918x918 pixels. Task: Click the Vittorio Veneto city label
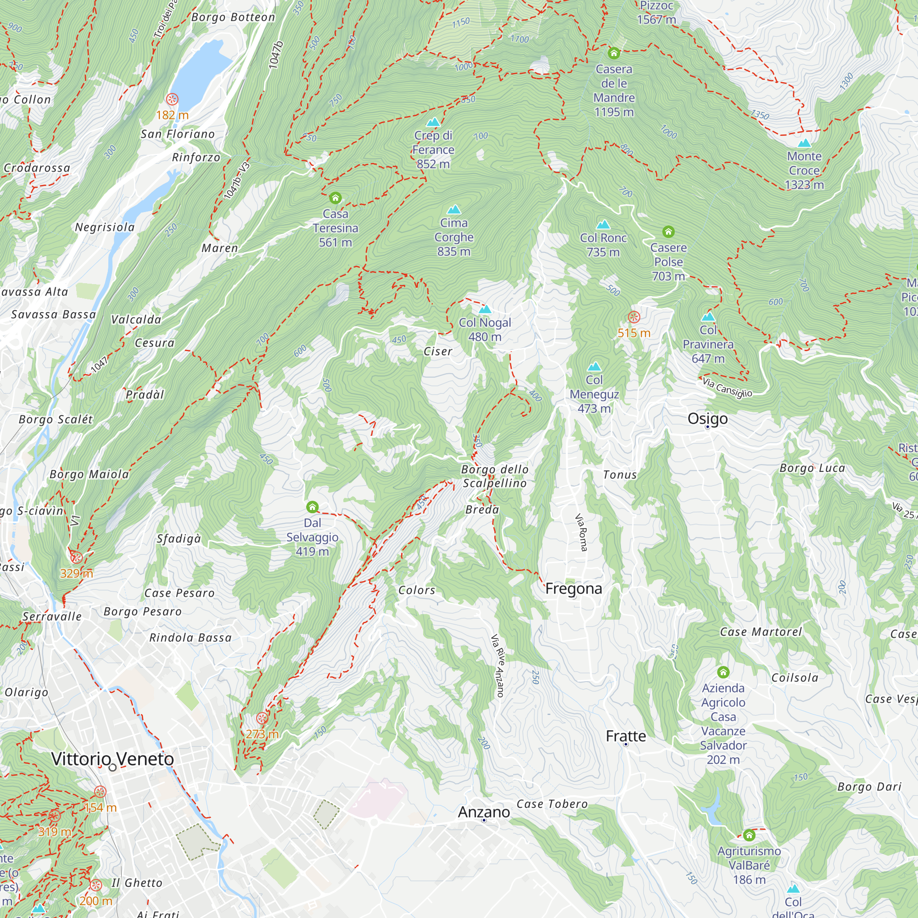click(112, 759)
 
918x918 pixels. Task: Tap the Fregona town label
click(573, 589)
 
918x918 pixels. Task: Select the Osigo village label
click(707, 419)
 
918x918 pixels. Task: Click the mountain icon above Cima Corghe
click(454, 210)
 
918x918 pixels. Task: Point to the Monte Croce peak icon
click(804, 143)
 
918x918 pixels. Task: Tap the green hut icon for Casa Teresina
click(336, 198)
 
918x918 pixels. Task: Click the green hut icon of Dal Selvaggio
click(312, 507)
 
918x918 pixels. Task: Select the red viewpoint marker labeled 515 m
click(634, 317)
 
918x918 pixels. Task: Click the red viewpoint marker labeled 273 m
click(262, 718)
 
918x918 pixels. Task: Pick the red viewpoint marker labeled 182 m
click(172, 99)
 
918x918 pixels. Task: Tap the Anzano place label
click(484, 812)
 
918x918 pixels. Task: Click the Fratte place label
click(626, 737)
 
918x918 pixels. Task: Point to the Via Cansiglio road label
click(727, 387)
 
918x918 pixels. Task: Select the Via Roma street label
click(581, 532)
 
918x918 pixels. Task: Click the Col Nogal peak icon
click(485, 309)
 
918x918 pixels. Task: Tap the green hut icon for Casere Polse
click(669, 232)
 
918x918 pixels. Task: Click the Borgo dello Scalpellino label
click(494, 476)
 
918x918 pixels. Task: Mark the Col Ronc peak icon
click(603, 224)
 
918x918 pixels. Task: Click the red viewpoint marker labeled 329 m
click(77, 558)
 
